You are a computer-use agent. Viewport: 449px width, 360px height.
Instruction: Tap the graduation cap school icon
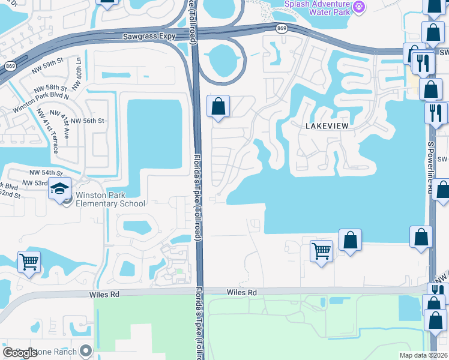click(60, 189)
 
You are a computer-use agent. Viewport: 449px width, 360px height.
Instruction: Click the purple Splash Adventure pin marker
click(359, 7)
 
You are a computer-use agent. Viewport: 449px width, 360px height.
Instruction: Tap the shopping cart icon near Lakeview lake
click(322, 250)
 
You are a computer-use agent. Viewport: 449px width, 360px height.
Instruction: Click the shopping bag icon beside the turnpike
click(219, 107)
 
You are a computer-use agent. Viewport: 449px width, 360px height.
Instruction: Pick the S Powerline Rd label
click(430, 156)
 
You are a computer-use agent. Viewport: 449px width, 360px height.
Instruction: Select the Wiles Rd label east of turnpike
click(241, 292)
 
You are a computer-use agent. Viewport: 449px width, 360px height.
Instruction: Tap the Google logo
click(20, 353)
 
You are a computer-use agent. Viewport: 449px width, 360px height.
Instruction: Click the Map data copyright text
click(423, 355)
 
